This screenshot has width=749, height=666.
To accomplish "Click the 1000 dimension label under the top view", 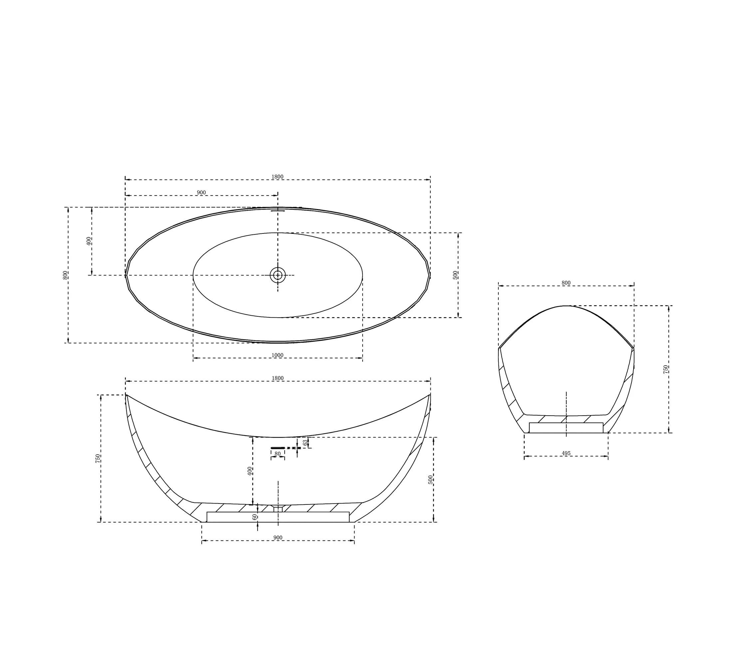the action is tap(277, 355).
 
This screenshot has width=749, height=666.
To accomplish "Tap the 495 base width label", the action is tap(566, 454).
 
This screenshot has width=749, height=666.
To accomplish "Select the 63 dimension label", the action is tap(305, 443).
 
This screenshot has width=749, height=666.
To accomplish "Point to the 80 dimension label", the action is tap(277, 454).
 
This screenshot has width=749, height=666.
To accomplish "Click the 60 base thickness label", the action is tap(255, 517).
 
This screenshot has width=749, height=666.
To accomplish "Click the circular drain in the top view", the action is tap(278, 275).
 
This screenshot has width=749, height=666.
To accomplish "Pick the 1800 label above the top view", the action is tap(277, 177).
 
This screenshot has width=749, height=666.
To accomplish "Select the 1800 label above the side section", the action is tap(278, 378).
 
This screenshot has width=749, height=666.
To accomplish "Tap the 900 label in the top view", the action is tap(201, 193).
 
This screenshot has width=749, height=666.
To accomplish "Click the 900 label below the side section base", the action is tap(278, 538).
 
